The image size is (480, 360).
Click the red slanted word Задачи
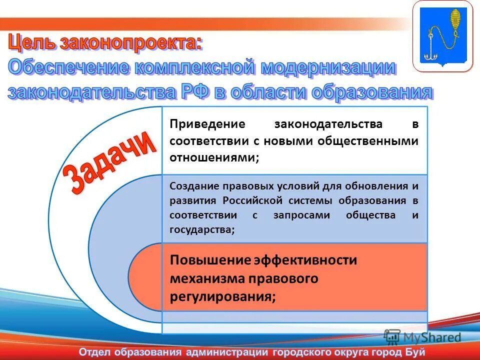(109, 162)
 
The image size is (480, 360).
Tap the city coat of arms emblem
(443, 36)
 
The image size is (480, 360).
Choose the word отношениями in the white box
(214, 157)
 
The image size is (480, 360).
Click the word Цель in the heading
(32, 43)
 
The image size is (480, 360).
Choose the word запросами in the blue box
(301, 215)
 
